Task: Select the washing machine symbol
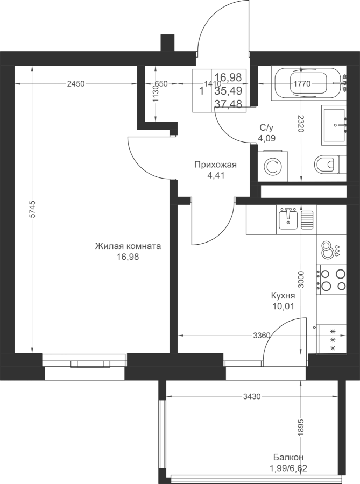[x=273, y=166]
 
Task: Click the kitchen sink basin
[x=288, y=218]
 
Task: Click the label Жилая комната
[x=128, y=246]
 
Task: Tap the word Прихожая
[x=215, y=165]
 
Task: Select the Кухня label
[x=283, y=296]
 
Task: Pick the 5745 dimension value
[x=33, y=210]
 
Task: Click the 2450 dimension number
[x=76, y=84]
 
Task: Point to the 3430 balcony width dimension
[x=252, y=397]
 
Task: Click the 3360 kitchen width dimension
[x=262, y=335]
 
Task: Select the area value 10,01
[x=283, y=306]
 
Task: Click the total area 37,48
[x=229, y=104]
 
